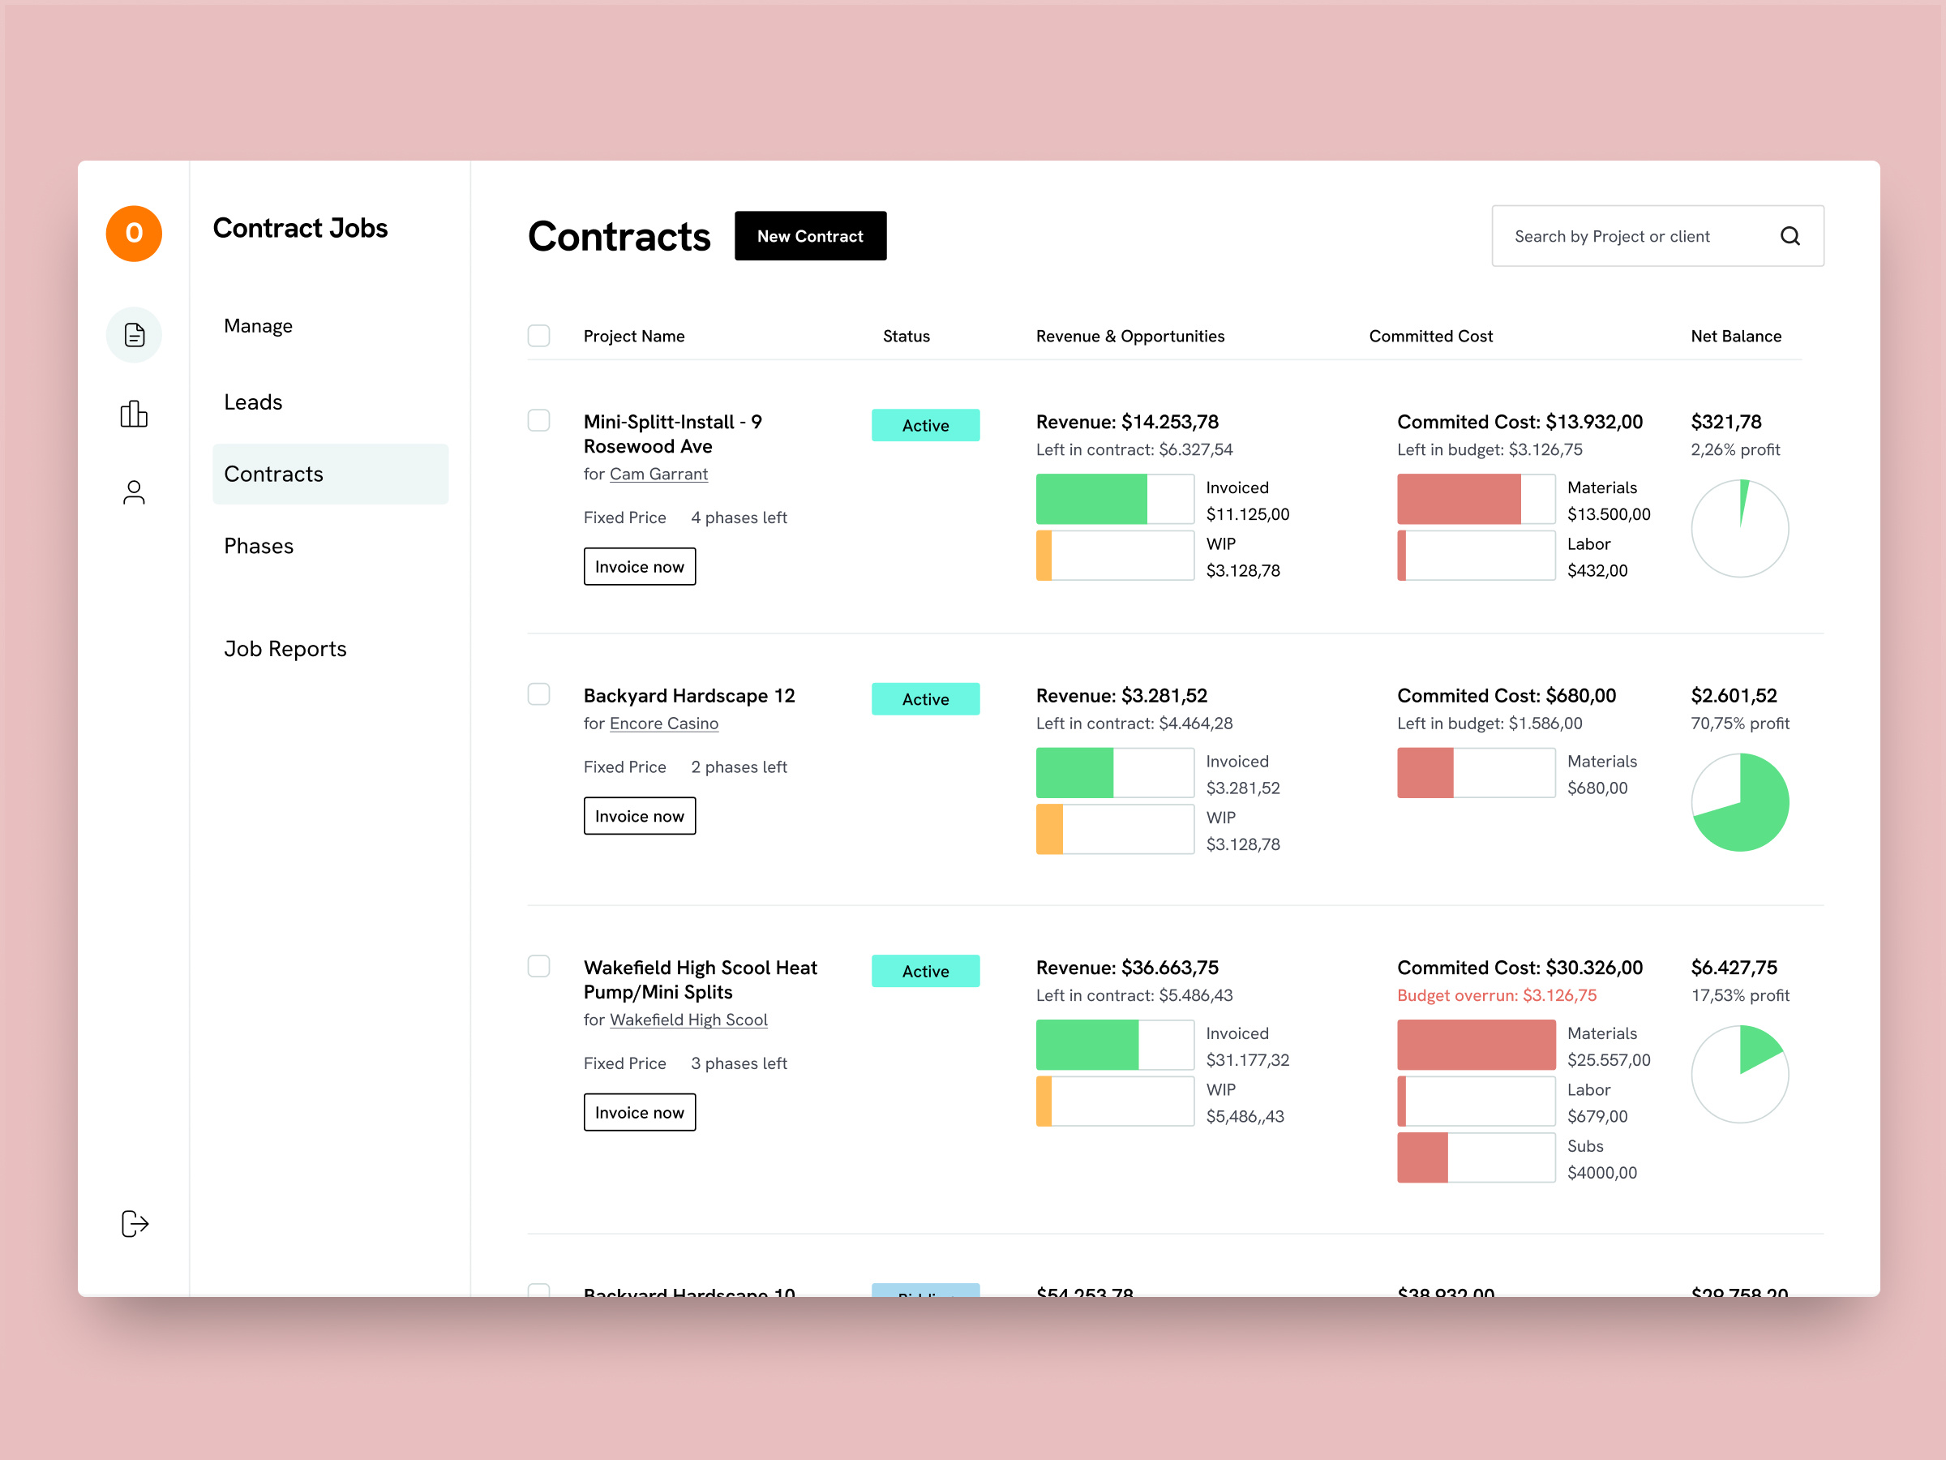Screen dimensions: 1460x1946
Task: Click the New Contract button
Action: (x=810, y=236)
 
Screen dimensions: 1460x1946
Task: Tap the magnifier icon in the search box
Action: (x=1790, y=236)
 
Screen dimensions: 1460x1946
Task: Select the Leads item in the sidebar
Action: (x=253, y=402)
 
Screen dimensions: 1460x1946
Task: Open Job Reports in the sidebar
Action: (x=285, y=649)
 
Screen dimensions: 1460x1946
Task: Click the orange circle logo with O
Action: (x=134, y=234)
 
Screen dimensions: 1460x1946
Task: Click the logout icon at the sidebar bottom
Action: (x=135, y=1223)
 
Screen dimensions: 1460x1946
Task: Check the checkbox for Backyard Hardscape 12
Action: (x=538, y=694)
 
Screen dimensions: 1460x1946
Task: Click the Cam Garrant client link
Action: (x=658, y=474)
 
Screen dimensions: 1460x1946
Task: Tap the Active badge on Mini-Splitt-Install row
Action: (x=925, y=425)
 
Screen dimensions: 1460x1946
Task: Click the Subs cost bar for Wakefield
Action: (x=1476, y=1158)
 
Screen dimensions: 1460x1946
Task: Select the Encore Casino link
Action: (x=663, y=724)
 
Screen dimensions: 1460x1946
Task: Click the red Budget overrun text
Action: (x=1497, y=995)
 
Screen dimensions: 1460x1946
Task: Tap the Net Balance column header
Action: (x=1736, y=336)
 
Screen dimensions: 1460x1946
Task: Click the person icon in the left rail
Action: (x=134, y=493)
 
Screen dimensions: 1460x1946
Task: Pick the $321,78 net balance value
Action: (x=1725, y=422)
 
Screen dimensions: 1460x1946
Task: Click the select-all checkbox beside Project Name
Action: (x=538, y=336)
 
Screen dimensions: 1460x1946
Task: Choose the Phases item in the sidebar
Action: (x=259, y=547)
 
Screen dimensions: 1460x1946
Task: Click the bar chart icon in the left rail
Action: (x=134, y=414)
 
